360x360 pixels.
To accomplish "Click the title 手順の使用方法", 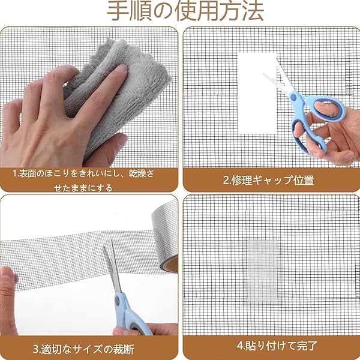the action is tap(185, 11).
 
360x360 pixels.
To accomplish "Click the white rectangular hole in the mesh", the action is tap(257, 93).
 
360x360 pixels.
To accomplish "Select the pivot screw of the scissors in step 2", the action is tap(293, 97).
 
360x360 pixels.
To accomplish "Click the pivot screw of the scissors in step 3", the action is tap(118, 301).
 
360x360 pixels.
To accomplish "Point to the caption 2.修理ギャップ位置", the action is tap(268, 180).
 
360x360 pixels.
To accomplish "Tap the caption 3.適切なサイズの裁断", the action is tap(83, 349).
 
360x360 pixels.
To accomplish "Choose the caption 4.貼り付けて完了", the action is tap(277, 346).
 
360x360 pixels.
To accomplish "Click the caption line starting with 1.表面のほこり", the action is tap(83, 173).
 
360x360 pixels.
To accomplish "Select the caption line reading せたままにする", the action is tap(83, 188).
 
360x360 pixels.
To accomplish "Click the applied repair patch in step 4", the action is tap(262, 272).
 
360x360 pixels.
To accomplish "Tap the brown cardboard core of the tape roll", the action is tap(172, 265).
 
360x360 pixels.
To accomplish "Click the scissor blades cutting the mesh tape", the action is tap(113, 266).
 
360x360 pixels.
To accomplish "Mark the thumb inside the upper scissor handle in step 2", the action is tap(326, 109).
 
